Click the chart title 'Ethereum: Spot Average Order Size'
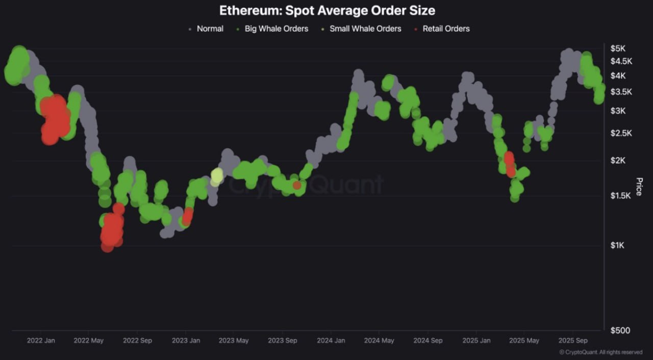(327, 10)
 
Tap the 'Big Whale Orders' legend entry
(276, 29)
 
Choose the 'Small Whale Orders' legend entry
(365, 29)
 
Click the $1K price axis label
(617, 245)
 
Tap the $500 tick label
(620, 330)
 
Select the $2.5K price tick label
(621, 133)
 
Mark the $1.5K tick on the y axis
(621, 196)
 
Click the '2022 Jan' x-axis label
(41, 341)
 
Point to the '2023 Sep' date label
(283, 341)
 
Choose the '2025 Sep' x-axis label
(573, 341)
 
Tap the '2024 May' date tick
(380, 341)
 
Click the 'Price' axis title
(639, 187)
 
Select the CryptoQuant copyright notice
(600, 352)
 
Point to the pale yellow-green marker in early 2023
(217, 176)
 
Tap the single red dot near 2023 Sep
(297, 186)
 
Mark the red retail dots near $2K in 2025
(510, 163)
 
